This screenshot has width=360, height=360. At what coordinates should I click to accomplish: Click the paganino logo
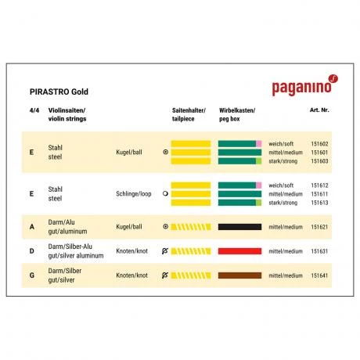click(x=304, y=88)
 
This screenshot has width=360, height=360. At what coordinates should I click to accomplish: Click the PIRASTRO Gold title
click(x=59, y=92)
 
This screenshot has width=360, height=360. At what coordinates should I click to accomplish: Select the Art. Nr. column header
click(x=319, y=110)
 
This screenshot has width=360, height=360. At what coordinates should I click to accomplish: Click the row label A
click(x=31, y=227)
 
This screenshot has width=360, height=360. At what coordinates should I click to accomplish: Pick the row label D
click(x=31, y=252)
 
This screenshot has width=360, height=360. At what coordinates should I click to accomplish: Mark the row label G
click(x=31, y=277)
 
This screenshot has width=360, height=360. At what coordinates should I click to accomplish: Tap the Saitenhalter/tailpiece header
click(x=189, y=115)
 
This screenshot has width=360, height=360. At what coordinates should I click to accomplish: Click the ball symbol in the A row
click(x=165, y=227)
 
